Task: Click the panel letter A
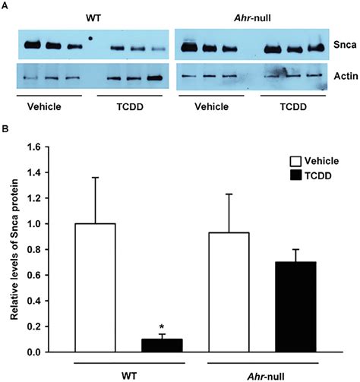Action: tap(8, 6)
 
